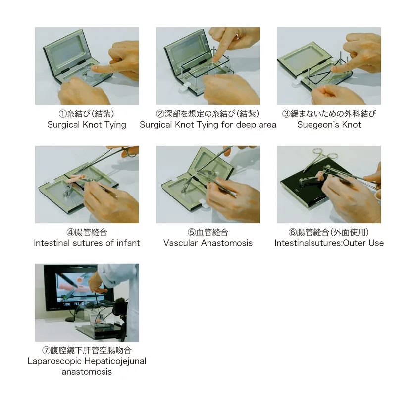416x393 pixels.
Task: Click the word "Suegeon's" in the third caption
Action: [x=314, y=125]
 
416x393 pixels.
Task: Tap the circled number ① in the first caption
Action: [x=62, y=114]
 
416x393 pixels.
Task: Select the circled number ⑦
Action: [x=46, y=350]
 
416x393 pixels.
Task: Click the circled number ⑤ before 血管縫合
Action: [x=192, y=232]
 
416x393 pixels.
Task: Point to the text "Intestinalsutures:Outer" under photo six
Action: [x=319, y=243]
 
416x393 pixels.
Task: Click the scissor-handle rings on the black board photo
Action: [x=320, y=154]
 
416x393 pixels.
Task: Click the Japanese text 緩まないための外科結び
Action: [x=333, y=114]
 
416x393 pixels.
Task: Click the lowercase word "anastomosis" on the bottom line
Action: [x=87, y=372]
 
